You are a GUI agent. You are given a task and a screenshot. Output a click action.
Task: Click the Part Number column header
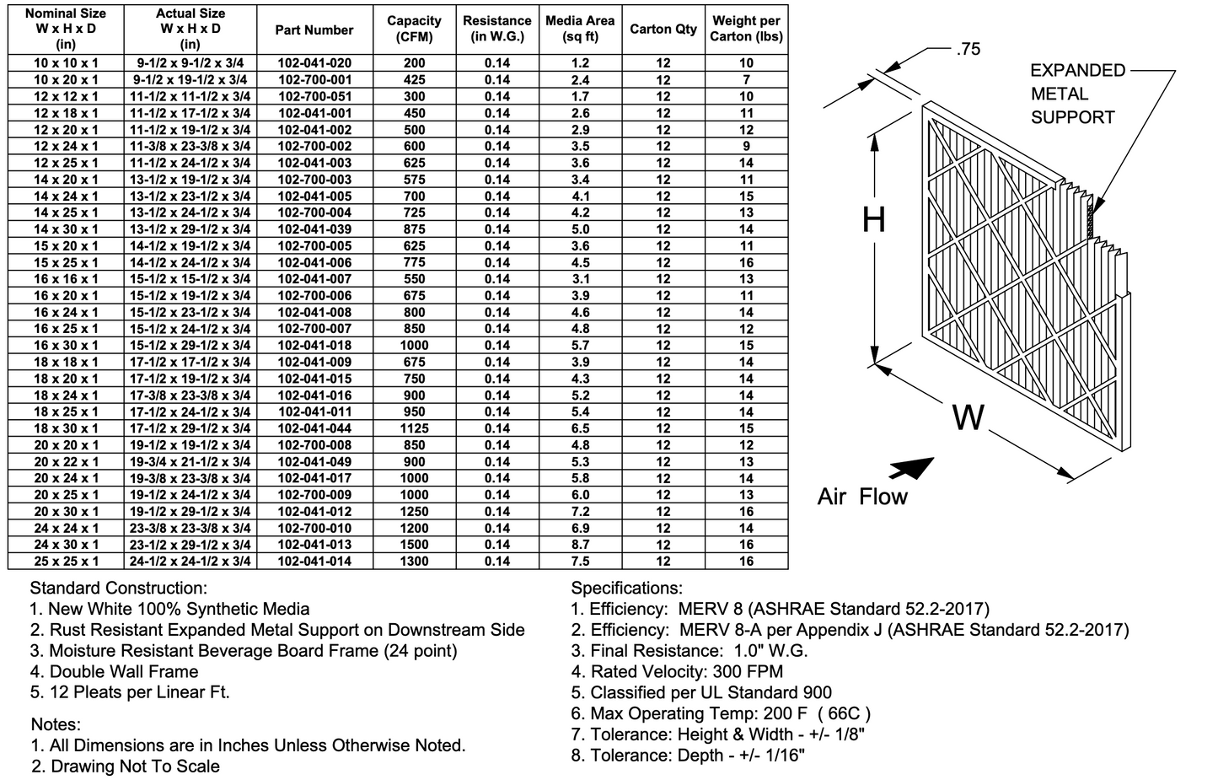click(x=314, y=30)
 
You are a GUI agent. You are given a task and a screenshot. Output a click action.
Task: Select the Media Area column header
click(x=580, y=30)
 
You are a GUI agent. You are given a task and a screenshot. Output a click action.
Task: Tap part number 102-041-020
click(x=314, y=63)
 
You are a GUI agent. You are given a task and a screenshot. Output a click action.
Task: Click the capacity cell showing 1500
click(x=414, y=545)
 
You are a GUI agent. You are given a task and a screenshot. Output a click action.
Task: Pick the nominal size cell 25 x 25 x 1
click(x=66, y=562)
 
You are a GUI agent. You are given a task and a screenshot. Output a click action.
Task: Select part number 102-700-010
click(x=314, y=529)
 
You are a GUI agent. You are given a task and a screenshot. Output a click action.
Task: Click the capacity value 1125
click(x=414, y=428)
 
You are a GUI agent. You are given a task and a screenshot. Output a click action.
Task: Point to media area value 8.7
click(x=580, y=545)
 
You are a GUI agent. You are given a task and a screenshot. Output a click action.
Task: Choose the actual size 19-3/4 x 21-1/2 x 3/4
click(x=190, y=462)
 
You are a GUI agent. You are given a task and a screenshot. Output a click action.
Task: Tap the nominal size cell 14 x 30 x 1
click(x=66, y=229)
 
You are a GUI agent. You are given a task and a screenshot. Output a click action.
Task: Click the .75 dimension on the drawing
click(x=968, y=50)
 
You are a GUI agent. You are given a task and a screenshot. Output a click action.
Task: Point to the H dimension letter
click(x=874, y=220)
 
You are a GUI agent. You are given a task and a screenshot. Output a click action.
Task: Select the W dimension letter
click(x=968, y=417)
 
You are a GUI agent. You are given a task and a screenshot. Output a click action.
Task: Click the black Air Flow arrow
click(x=911, y=469)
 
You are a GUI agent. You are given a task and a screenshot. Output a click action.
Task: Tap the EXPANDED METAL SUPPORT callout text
click(x=1077, y=94)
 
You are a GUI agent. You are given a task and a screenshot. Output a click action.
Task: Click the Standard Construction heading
click(x=118, y=589)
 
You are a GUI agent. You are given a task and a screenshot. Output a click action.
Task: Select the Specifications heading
click(x=626, y=589)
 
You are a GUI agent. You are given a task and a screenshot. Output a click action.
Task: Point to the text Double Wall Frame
click(x=124, y=672)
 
